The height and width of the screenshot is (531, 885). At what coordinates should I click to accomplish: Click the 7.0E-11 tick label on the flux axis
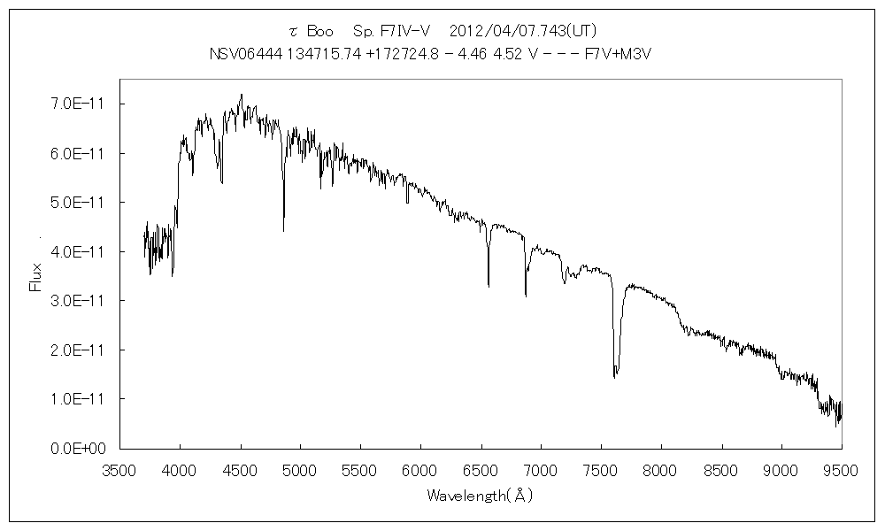click(x=76, y=104)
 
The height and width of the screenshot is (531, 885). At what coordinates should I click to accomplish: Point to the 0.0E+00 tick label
click(x=76, y=449)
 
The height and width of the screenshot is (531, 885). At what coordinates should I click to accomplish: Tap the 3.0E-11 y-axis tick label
click(x=76, y=301)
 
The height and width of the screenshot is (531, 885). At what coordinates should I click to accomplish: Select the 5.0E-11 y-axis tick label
click(x=76, y=203)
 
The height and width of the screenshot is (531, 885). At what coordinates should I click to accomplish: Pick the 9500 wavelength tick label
click(x=841, y=470)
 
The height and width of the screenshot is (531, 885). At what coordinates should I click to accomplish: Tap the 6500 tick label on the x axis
click(x=480, y=470)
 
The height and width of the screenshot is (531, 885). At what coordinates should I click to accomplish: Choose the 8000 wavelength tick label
click(x=660, y=470)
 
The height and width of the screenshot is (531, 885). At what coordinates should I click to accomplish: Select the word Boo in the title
click(x=318, y=30)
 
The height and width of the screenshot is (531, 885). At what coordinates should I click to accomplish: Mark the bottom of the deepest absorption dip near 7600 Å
click(x=614, y=377)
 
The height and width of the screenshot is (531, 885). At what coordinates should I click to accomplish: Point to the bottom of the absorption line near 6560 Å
click(x=489, y=286)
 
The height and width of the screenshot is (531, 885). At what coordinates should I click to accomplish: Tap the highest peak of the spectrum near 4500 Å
click(x=241, y=95)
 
